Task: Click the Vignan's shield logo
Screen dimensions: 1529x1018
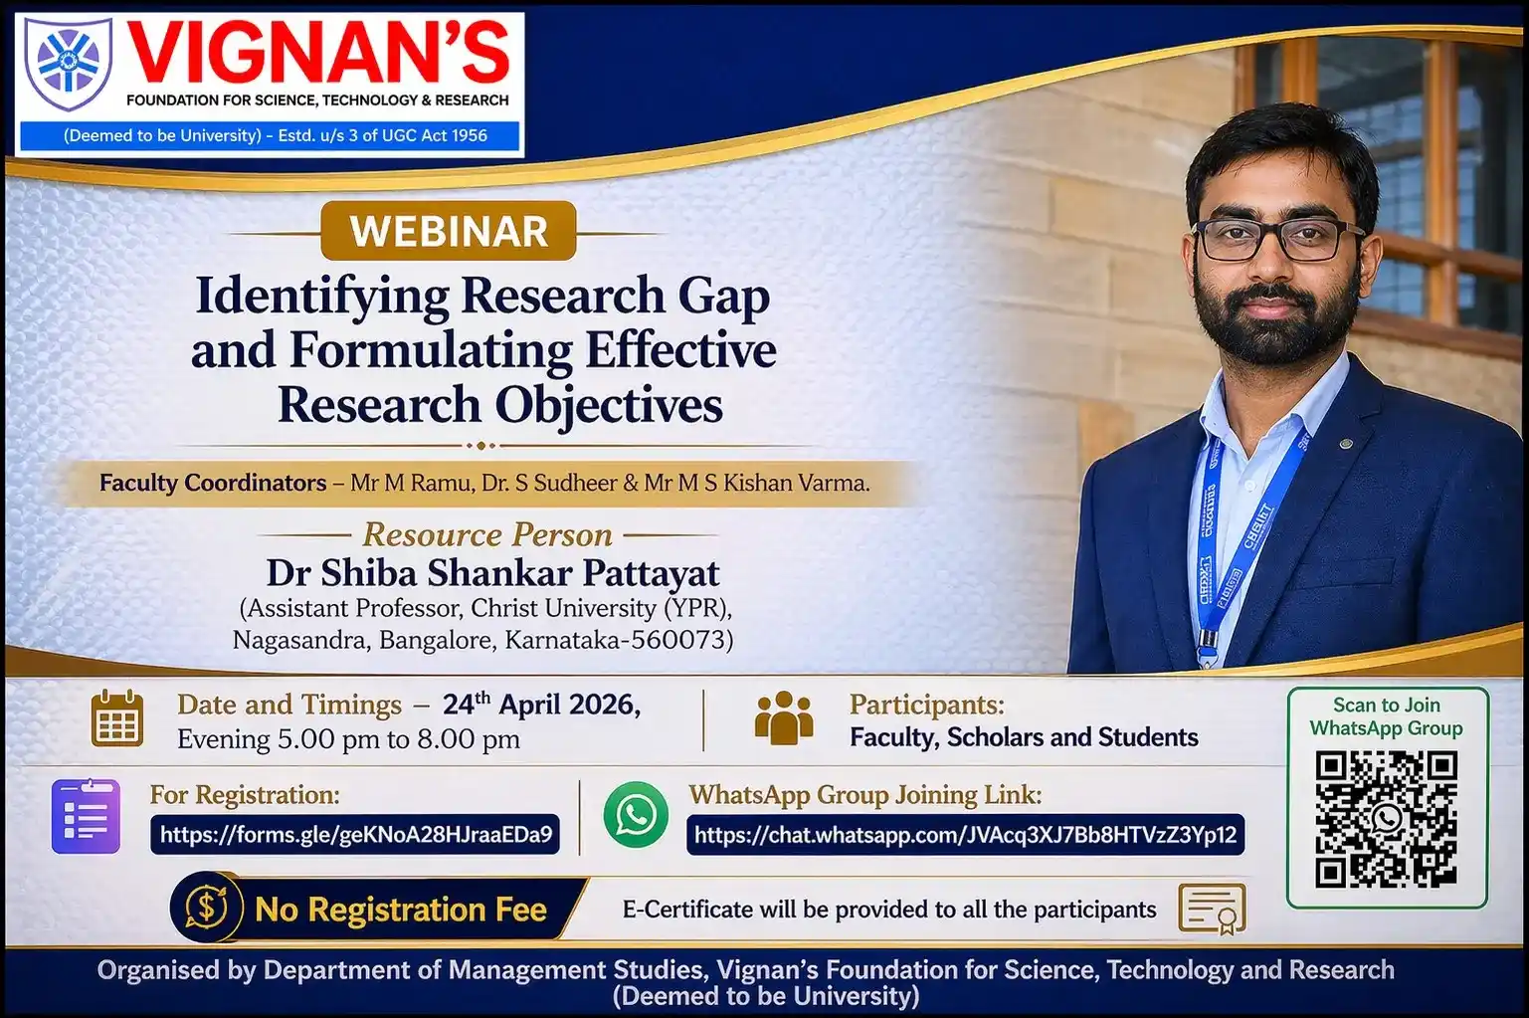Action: (x=69, y=63)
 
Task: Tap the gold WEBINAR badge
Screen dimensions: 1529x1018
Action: (x=449, y=231)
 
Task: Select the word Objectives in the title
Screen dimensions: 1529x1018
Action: (x=609, y=406)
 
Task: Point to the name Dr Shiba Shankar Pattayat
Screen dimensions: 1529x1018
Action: (x=492, y=572)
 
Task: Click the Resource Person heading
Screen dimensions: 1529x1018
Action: (x=487, y=534)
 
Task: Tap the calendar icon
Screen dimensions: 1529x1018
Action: (x=117, y=718)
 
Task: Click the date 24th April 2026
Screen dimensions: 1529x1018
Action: (x=541, y=705)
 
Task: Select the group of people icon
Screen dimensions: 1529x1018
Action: (x=784, y=717)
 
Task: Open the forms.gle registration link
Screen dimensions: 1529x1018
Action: (x=355, y=834)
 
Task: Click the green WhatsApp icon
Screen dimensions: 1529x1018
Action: (x=636, y=815)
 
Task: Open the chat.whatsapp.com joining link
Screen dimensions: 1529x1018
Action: (x=965, y=834)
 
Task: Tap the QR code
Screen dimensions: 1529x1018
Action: (x=1387, y=819)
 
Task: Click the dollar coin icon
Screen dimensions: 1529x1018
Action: (x=207, y=909)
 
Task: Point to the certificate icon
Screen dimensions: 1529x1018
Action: (x=1212, y=909)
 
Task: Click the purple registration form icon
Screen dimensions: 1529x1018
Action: (x=86, y=816)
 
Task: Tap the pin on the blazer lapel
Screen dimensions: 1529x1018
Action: (x=1346, y=444)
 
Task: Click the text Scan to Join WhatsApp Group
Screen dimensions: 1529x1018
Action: (x=1387, y=716)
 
